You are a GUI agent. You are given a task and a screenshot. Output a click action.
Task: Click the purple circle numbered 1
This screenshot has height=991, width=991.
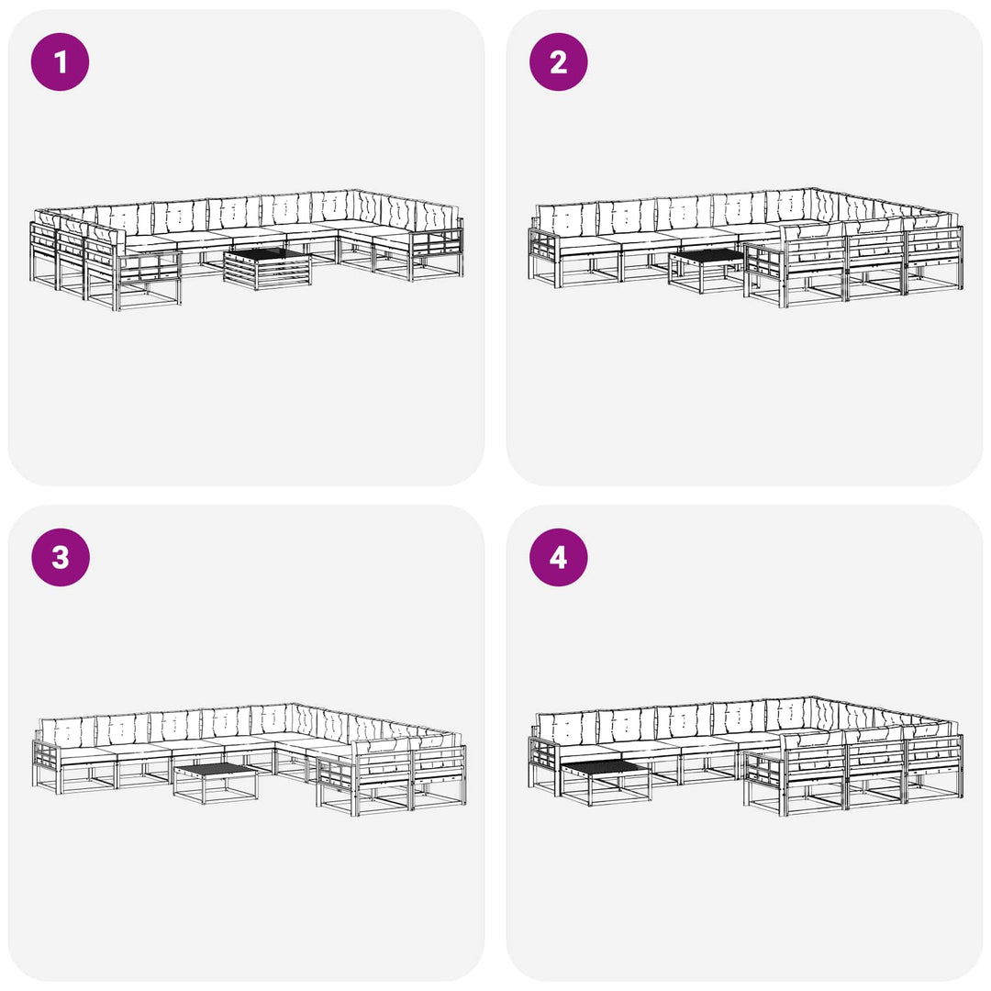(60, 62)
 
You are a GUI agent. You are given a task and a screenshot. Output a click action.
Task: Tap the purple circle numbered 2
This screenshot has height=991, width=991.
(558, 62)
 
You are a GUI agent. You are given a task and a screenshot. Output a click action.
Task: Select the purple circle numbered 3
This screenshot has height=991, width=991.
(60, 558)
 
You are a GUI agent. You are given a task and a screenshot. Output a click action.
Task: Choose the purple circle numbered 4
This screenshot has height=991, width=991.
(558, 558)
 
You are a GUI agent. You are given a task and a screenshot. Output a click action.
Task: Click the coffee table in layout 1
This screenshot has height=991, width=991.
(267, 268)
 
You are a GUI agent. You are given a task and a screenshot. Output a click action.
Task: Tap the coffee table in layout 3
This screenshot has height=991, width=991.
(216, 783)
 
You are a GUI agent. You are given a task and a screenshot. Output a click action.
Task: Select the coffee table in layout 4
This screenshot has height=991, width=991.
(606, 783)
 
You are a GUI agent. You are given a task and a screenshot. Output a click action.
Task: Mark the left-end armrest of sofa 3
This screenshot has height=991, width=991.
(46, 765)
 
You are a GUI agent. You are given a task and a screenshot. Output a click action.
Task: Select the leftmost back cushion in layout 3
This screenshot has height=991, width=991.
(67, 731)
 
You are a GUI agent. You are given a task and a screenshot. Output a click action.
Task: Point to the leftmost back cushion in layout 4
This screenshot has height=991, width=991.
(566, 727)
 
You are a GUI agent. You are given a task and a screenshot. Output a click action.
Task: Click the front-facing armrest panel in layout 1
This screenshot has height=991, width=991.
(148, 279)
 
